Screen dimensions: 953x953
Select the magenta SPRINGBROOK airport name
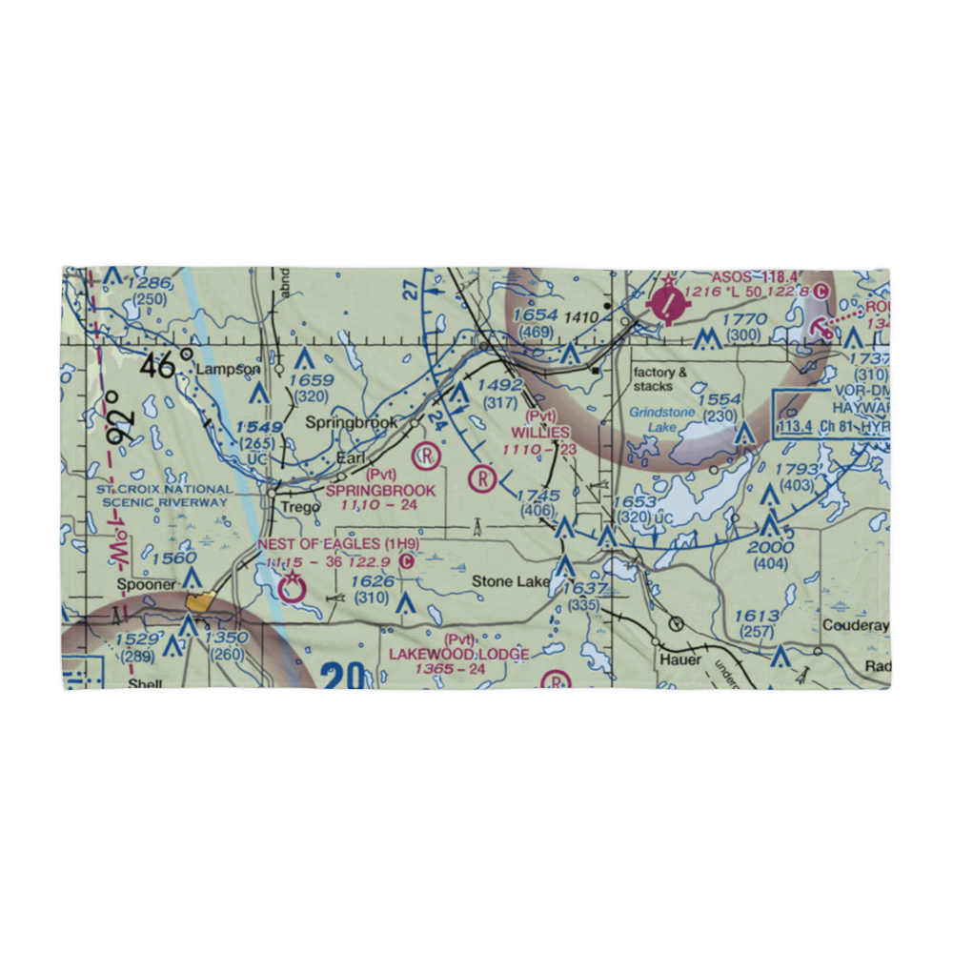point(381,490)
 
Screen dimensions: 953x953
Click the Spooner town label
point(145,584)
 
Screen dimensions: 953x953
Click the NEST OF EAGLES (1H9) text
point(338,543)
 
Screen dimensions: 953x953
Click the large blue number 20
point(342,677)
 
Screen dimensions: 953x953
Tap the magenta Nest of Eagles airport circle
point(292,590)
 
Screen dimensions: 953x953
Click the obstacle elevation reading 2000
point(770,547)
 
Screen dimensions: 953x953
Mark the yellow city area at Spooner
point(201,601)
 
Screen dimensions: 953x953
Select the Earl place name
point(350,458)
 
